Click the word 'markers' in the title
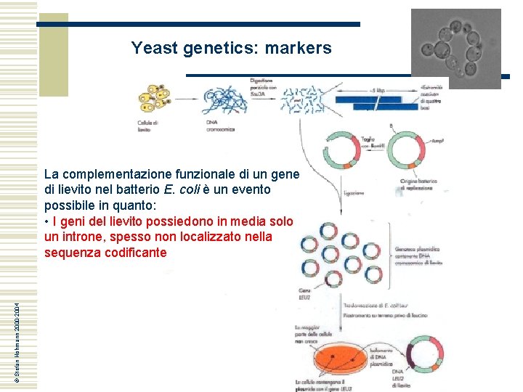[298, 49]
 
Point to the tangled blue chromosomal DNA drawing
[227, 101]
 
